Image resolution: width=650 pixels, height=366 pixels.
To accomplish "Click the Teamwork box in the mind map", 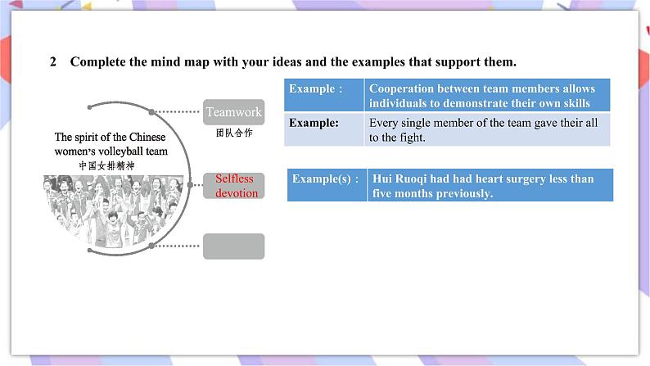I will point(233,112).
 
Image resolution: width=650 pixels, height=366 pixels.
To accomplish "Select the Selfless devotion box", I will point(234,186).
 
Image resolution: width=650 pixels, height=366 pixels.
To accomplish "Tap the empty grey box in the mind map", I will point(233,246).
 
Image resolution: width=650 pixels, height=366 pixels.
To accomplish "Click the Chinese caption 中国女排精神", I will point(106,165).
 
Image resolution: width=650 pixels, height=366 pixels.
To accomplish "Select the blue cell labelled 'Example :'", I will point(323,96).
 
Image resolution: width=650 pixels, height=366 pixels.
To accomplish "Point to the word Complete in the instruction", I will point(100,62).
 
